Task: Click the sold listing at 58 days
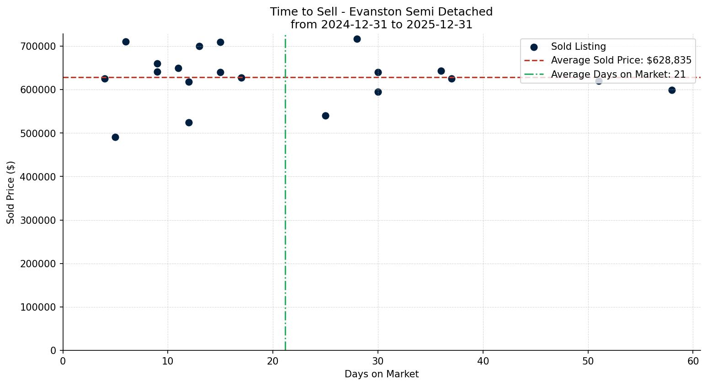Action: pos(672,90)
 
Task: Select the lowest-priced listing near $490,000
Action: pos(115,137)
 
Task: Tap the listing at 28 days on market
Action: pos(357,39)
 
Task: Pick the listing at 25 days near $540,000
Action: pos(325,116)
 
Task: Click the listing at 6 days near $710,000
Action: pos(126,42)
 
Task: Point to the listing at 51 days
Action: pos(599,81)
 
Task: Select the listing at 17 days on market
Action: pos(241,78)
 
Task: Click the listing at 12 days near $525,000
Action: pos(189,122)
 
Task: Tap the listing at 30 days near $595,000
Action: pos(378,92)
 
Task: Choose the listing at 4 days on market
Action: pos(105,79)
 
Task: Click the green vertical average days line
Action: pos(285,206)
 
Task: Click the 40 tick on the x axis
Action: pos(483,361)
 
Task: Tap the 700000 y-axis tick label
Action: pos(38,47)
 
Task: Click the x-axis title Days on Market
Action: pos(382,374)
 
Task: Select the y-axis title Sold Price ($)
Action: pos(11,192)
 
